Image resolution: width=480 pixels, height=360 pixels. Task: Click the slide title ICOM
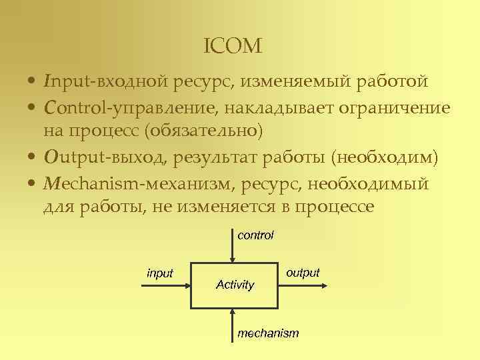(233, 46)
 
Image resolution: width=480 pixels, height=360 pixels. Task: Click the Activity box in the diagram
(235, 285)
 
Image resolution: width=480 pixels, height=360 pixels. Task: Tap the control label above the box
(255, 235)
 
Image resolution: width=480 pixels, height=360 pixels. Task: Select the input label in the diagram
(160, 273)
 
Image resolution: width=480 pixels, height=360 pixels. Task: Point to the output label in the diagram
(303, 273)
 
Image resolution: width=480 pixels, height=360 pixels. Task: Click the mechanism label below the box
(268, 333)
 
